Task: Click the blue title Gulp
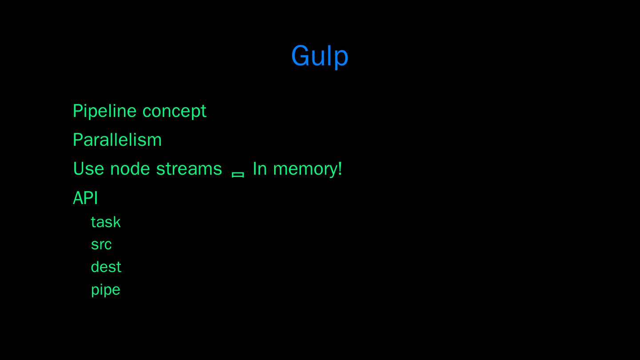click(320, 56)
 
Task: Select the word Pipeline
click(104, 112)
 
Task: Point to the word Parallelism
click(117, 140)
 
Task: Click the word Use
click(88, 169)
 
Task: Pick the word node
click(130, 168)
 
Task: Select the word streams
click(189, 169)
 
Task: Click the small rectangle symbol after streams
click(238, 175)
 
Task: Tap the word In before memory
click(260, 169)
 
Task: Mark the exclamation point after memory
click(340, 168)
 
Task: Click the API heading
click(85, 198)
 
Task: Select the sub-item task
click(106, 222)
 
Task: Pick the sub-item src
click(101, 245)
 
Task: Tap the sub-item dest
click(106, 267)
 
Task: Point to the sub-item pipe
click(106, 290)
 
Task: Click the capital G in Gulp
click(300, 56)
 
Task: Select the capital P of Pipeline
click(78, 111)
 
